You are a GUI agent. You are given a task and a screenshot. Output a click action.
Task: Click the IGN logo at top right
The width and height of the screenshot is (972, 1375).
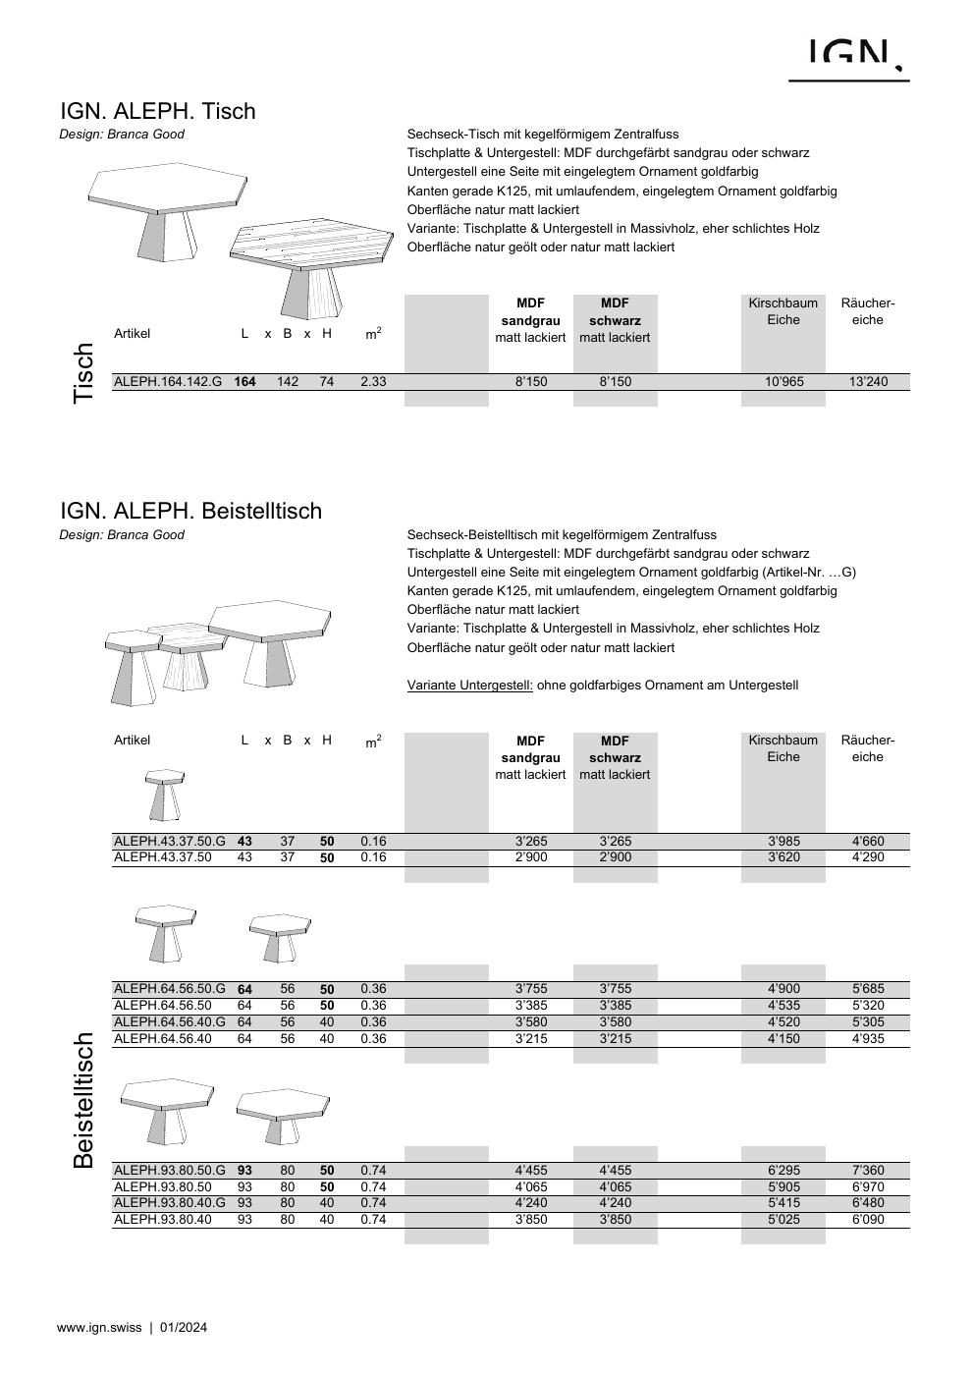coord(849,57)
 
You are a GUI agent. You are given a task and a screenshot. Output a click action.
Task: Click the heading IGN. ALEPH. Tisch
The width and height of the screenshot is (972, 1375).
coord(158,111)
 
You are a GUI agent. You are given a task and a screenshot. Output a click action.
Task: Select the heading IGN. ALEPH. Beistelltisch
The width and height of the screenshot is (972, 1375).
coord(190,511)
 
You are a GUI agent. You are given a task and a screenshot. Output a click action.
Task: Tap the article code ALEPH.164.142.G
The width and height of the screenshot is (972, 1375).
coord(168,381)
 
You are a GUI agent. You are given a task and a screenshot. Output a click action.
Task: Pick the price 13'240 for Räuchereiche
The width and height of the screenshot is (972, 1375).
coord(867,381)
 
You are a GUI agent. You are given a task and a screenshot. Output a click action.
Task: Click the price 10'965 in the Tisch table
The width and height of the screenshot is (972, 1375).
coord(783,381)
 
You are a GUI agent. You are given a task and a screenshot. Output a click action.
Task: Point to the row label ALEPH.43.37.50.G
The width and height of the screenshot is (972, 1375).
coord(169,841)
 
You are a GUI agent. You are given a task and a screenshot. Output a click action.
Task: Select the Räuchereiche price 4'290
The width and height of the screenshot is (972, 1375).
coord(867,857)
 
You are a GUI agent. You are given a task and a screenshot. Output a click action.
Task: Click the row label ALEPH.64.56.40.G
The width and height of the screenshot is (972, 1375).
coord(169,1022)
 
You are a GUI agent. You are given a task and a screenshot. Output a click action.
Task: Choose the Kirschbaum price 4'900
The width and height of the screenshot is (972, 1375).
coord(783,989)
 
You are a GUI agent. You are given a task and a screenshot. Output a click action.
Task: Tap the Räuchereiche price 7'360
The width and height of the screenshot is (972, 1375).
coord(867,1170)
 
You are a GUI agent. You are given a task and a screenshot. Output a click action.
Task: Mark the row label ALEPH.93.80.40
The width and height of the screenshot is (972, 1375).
coord(162,1220)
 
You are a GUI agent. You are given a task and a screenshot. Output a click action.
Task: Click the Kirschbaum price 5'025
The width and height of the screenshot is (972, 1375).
coord(783,1220)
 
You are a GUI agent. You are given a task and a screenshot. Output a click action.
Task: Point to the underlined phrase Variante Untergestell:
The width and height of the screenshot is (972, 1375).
coord(469,686)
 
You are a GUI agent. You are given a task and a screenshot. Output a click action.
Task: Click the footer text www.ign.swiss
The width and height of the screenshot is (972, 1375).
coord(100,1328)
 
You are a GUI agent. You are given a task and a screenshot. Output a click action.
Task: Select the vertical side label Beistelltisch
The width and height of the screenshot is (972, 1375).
coord(83,1100)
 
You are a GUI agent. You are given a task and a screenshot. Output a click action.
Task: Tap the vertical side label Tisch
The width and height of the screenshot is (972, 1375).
coord(83,373)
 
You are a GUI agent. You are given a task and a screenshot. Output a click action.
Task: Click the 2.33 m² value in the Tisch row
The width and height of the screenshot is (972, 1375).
coord(373,381)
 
